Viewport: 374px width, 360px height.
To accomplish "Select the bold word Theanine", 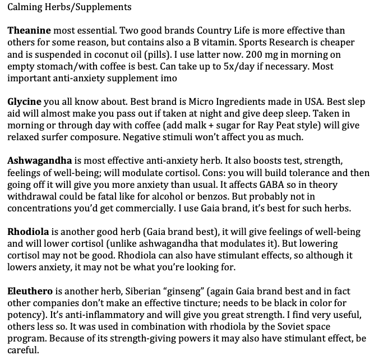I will (x=29, y=30).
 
